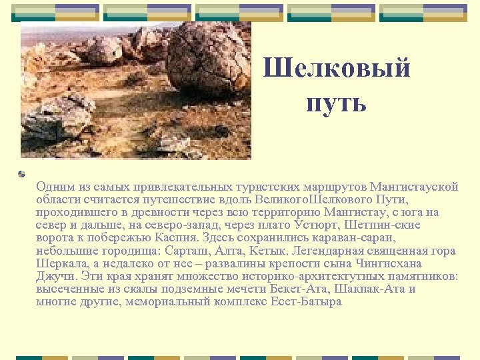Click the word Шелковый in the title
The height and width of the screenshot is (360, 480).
(x=337, y=69)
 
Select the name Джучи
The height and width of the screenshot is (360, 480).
(x=56, y=276)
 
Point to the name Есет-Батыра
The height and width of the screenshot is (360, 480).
(x=306, y=301)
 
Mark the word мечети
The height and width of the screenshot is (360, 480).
(x=244, y=289)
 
